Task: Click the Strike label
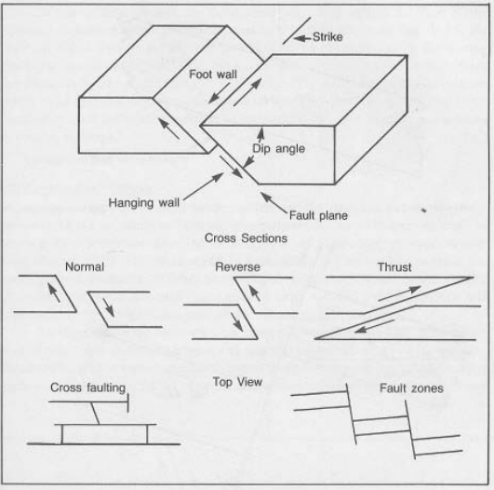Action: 327,37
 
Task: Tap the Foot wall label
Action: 213,75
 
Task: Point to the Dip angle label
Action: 279,148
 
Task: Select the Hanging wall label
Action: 144,202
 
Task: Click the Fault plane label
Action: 318,215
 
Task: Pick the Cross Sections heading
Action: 246,238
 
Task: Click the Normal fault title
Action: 85,267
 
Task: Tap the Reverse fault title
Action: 237,267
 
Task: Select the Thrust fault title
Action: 394,267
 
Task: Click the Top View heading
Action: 237,382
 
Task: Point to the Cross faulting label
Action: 87,388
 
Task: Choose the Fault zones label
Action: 411,388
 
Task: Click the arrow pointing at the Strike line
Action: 302,38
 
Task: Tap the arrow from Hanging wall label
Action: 203,186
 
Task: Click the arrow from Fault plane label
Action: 274,202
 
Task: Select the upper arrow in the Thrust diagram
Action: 399,293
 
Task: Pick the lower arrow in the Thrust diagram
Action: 375,326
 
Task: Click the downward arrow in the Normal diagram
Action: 108,307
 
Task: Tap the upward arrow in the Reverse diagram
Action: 254,293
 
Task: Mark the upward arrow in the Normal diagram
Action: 53,293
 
